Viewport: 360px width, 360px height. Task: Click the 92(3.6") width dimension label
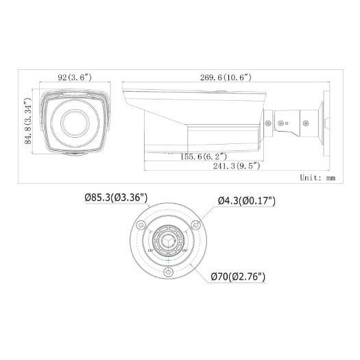click(72, 77)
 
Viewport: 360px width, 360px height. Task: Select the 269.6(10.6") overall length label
click(221, 77)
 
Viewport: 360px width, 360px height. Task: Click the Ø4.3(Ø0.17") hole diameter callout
click(246, 201)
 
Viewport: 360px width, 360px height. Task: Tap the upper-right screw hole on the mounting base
click(196, 224)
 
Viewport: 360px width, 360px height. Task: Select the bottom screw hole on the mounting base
click(169, 272)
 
